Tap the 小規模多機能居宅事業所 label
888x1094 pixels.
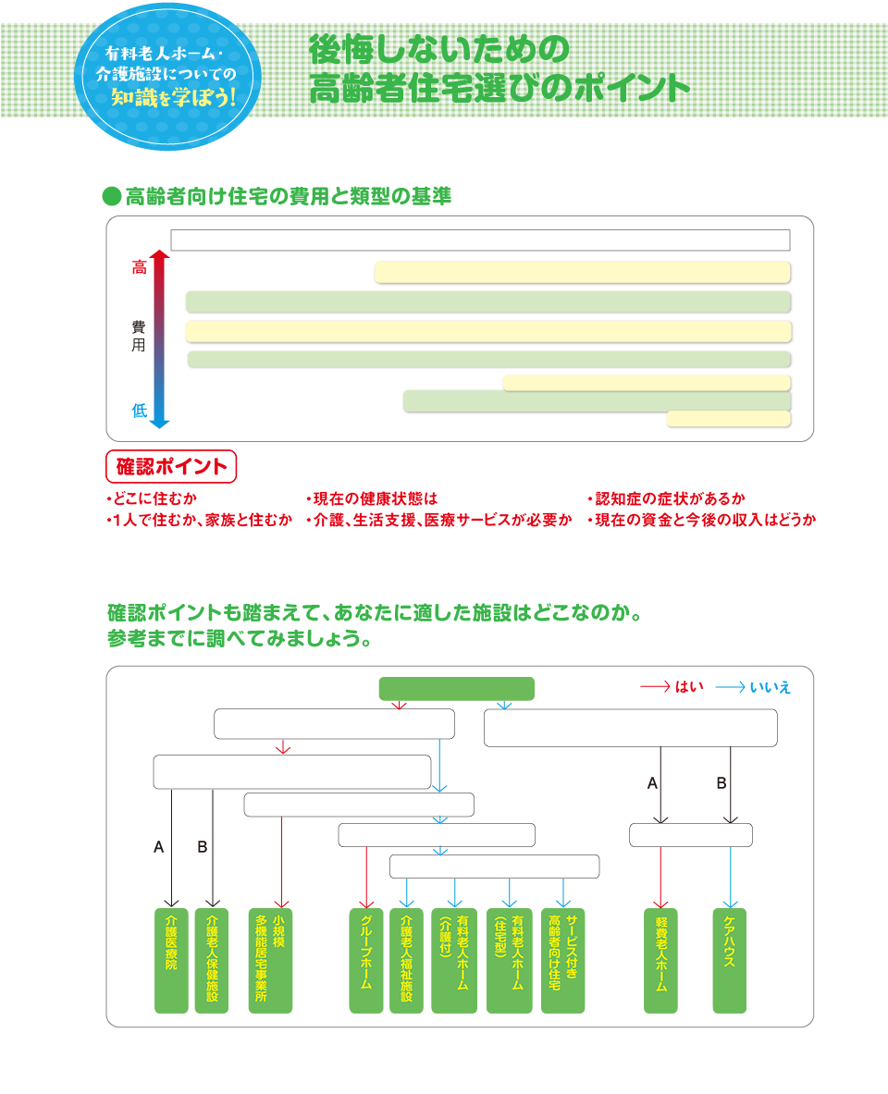tap(271, 962)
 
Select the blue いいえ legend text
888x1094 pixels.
tap(770, 687)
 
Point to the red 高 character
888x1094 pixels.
tap(139, 268)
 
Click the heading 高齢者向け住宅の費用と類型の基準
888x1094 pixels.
tap(289, 196)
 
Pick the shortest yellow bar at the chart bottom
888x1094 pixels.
tap(728, 419)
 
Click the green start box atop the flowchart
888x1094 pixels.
tap(457, 689)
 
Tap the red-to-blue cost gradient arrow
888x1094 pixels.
tap(160, 338)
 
